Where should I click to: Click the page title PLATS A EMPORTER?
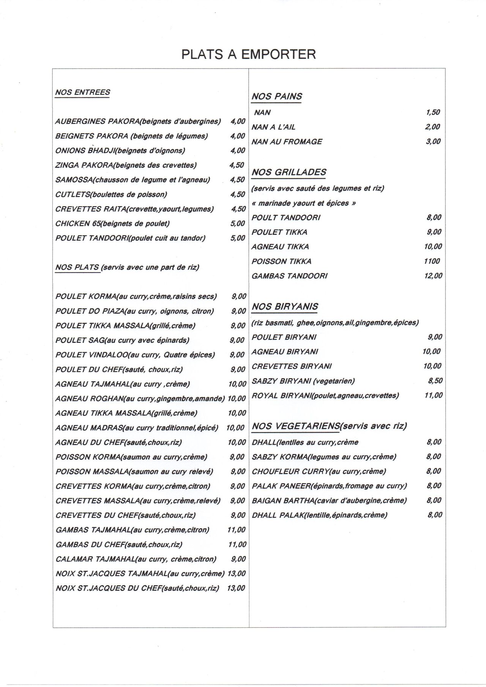[x=248, y=54]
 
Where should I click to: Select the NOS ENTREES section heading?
[x=82, y=92]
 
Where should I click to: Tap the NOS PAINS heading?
[x=277, y=96]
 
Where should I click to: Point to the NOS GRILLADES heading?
[x=289, y=172]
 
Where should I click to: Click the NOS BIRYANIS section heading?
[x=285, y=307]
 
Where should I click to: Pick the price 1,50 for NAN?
[x=432, y=112]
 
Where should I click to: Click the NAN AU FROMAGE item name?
[x=287, y=142]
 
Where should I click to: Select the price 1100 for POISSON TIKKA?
[x=432, y=261]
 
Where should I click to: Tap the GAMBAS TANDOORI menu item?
[x=289, y=276]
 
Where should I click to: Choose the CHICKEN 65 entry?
[x=112, y=224]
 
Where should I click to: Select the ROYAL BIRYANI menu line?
[x=325, y=395]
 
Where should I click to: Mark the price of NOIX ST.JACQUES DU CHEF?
[x=236, y=588]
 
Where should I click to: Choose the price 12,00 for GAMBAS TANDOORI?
[x=433, y=276]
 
